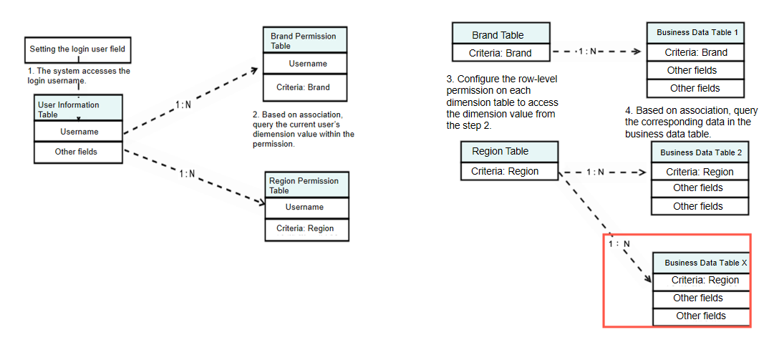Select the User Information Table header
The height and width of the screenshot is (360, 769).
coord(79,109)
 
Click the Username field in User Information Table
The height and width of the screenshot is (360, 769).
coord(79,132)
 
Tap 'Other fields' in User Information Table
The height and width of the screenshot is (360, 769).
coord(79,152)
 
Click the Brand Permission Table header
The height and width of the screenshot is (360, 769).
coord(305,41)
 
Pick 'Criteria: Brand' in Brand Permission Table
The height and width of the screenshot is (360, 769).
coord(305,87)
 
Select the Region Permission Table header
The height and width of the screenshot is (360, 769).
coord(306,185)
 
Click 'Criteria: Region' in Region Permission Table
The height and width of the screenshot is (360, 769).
coord(306,229)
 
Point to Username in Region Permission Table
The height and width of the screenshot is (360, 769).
coord(306,208)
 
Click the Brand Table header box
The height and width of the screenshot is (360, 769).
coord(500,34)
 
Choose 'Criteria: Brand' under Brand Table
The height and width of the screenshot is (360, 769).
coord(500,53)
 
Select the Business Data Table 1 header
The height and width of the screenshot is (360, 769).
coord(696,33)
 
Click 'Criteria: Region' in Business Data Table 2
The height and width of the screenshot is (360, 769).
coord(700,172)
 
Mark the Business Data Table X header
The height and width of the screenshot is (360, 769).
coord(701,263)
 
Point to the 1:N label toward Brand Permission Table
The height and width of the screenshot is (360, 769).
coord(183,104)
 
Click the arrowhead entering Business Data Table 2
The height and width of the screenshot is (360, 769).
coord(644,172)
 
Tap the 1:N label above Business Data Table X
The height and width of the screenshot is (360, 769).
coord(618,244)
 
